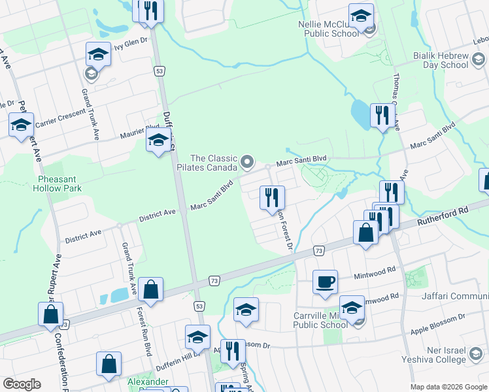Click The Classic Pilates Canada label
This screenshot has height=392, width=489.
[212, 163]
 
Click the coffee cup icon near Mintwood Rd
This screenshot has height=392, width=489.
[325, 282]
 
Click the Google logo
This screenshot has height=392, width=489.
[22, 384]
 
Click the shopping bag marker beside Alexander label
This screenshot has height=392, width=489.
[109, 365]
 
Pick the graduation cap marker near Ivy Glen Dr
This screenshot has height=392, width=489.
[98, 54]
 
